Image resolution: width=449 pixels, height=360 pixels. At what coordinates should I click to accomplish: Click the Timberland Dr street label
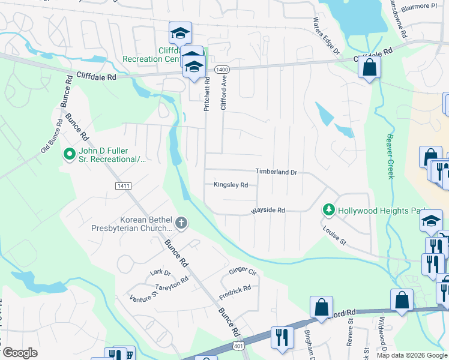tap(276, 172)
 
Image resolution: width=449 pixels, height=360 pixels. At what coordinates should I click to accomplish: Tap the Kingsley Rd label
tap(231, 185)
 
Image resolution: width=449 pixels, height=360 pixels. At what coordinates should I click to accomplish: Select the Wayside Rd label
tap(268, 211)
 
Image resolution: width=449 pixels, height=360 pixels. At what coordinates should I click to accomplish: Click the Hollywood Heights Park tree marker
tap(328, 210)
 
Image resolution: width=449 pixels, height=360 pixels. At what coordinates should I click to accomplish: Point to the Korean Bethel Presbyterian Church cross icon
tap(181, 224)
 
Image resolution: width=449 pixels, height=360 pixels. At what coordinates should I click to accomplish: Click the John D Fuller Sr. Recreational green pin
tap(70, 154)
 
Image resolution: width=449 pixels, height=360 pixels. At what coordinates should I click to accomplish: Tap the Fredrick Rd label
tap(235, 292)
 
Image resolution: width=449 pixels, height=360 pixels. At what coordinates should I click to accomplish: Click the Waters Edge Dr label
tap(326, 34)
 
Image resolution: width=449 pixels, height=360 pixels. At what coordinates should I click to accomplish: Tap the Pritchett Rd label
tap(207, 94)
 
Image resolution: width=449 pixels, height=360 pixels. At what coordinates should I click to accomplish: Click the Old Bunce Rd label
tap(52, 136)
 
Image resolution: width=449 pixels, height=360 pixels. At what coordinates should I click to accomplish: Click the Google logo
tap(20, 353)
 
